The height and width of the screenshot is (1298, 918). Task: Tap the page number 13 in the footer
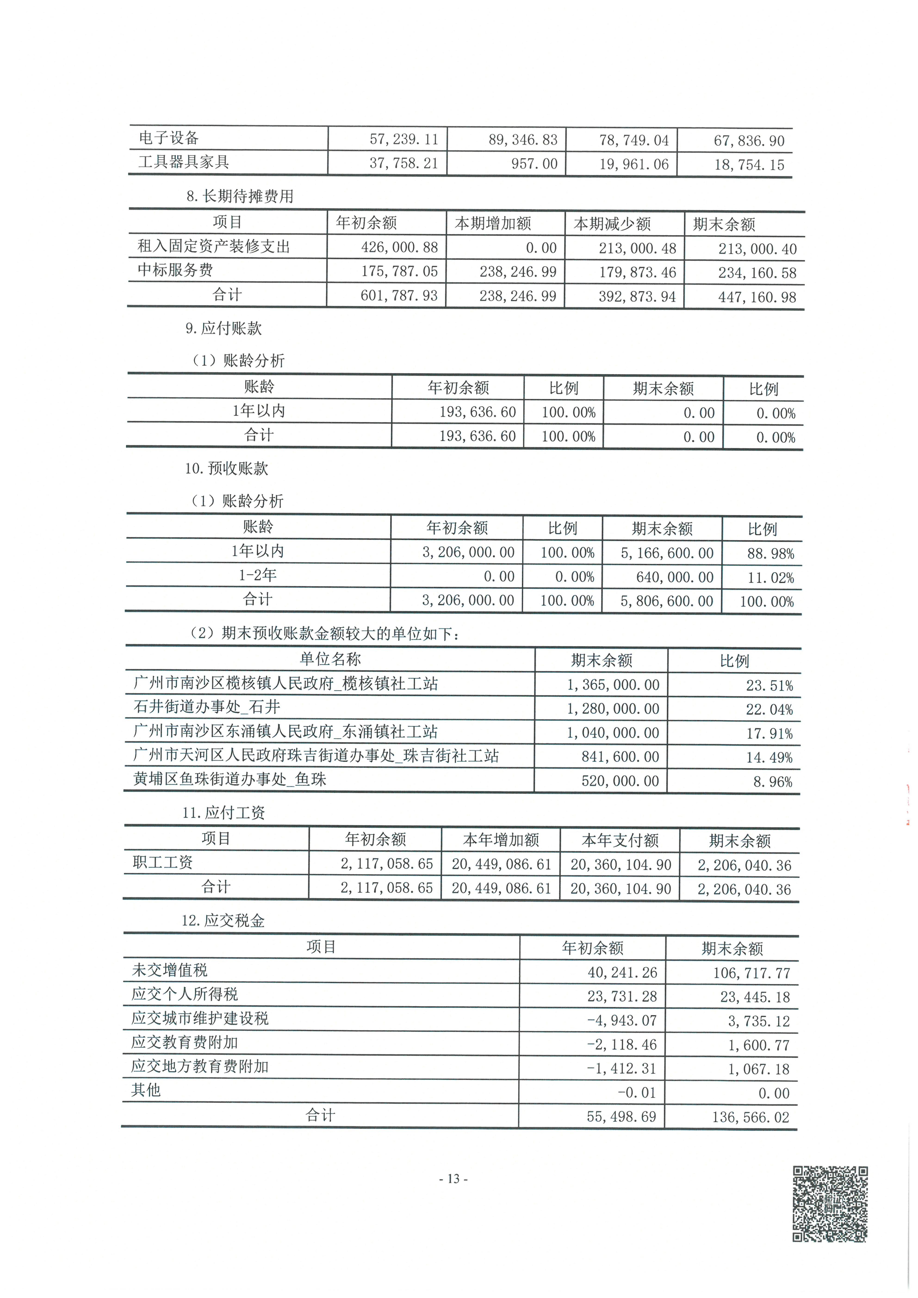coord(453,1179)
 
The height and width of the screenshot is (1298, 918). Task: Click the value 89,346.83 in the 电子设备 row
coord(523,140)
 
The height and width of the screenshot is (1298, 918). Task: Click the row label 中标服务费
coord(175,270)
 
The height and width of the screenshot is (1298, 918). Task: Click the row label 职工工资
coord(163,863)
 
